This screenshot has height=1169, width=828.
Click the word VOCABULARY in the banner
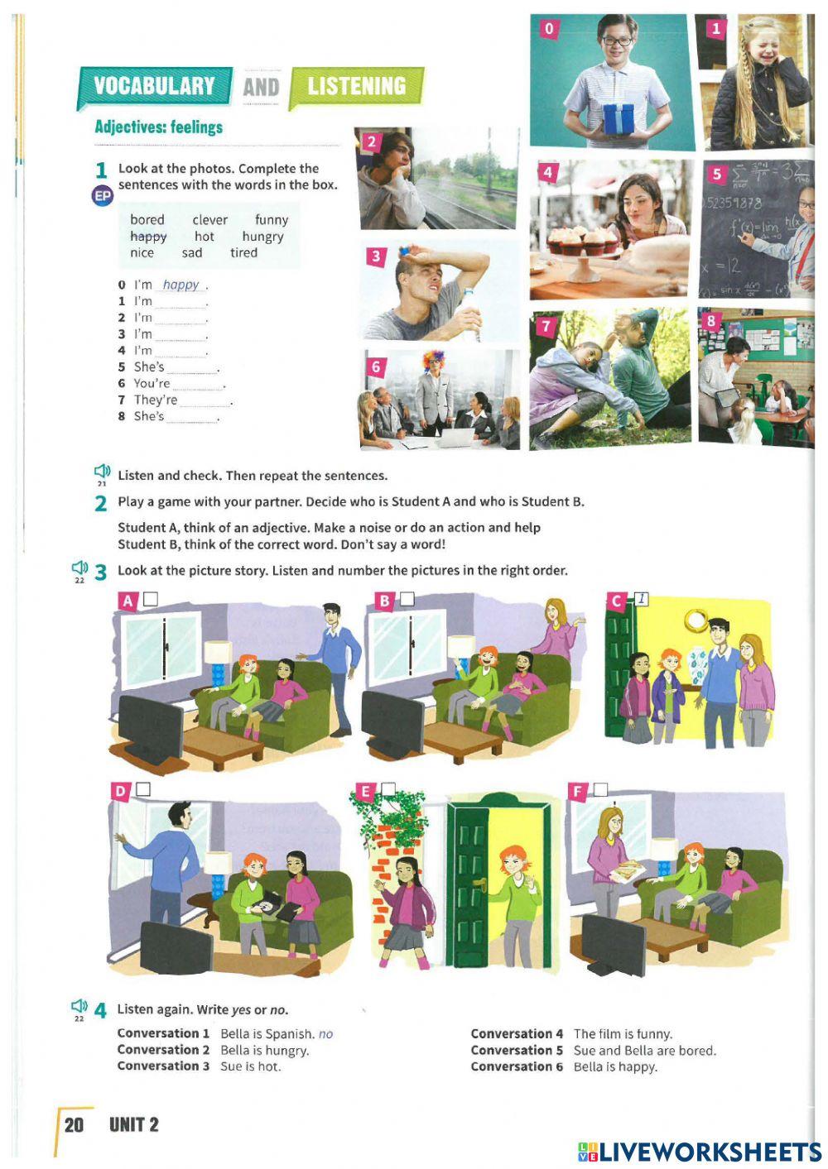[x=154, y=86]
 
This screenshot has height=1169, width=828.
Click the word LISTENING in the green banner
[x=356, y=86]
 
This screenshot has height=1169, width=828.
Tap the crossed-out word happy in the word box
[x=148, y=237]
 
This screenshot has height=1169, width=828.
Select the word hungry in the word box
[x=262, y=237]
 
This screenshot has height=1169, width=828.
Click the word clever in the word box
[x=209, y=220]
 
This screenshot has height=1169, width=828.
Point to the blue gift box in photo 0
[x=619, y=118]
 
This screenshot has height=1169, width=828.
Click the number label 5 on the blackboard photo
[x=717, y=174]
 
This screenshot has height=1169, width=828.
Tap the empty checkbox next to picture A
[x=151, y=599]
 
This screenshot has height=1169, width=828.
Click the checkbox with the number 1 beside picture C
[x=641, y=599]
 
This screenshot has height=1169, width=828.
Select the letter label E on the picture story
[x=364, y=792]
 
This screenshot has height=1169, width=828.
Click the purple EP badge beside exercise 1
[x=102, y=196]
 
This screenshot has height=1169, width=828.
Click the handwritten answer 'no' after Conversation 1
[x=325, y=1034]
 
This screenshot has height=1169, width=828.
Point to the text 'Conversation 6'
[x=517, y=1066]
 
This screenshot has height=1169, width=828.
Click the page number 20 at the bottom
[x=74, y=1124]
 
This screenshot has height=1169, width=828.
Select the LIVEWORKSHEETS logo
[x=700, y=1152]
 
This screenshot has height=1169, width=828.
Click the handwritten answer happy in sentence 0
[x=181, y=285]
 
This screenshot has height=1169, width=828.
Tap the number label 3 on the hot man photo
[x=376, y=256]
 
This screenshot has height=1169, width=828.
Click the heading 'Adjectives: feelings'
[x=158, y=127]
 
